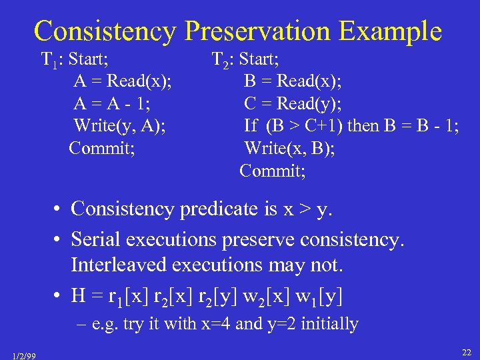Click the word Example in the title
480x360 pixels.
pyautogui.click(x=398, y=31)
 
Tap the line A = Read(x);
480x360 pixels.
pyautogui.click(x=122, y=81)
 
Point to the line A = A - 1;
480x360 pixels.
pyautogui.click(x=112, y=103)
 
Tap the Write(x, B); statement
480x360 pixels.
pyautogui.click(x=289, y=147)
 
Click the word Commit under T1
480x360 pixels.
pyautogui.click(x=101, y=147)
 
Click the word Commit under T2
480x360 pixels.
pyautogui.click(x=273, y=170)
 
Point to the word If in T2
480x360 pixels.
pyautogui.click(x=251, y=125)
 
